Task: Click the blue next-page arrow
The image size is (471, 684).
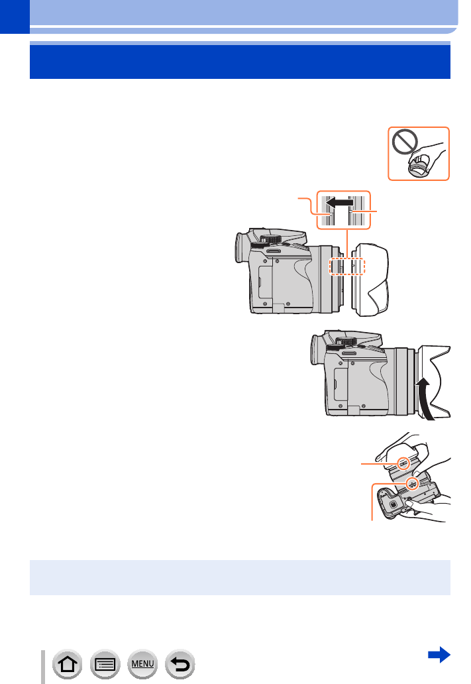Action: click(439, 655)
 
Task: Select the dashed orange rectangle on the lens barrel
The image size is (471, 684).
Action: click(348, 265)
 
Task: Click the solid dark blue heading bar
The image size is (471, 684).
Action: click(240, 62)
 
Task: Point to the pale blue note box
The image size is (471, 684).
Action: click(240, 577)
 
